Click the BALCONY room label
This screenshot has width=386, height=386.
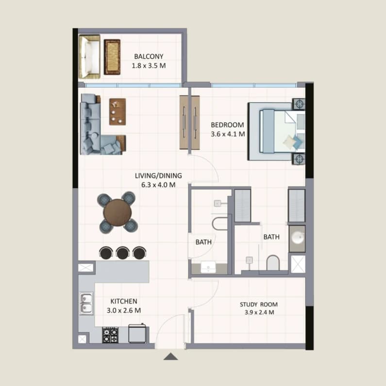[149, 56]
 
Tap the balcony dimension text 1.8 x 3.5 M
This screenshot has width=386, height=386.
[149, 66]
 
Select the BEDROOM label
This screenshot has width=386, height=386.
[227, 125]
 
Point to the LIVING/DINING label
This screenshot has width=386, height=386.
[158, 176]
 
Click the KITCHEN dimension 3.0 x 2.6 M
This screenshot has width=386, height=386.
[124, 310]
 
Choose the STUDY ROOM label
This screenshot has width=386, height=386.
[259, 305]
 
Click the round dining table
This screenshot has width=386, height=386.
[117, 212]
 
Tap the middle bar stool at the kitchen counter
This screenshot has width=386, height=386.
[123, 253]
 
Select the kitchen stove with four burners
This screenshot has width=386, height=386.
[110, 335]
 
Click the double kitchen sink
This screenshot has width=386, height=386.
[86, 303]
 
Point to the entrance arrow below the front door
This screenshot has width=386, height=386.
[170, 356]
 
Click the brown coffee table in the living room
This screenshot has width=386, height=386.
[117, 112]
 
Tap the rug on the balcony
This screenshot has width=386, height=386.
[112, 57]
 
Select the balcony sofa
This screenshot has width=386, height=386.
[89, 57]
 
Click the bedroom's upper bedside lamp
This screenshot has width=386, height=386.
[299, 104]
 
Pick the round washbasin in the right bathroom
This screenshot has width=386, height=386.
[297, 238]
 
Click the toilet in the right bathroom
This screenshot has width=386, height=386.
[273, 263]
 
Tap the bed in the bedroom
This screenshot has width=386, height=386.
[278, 132]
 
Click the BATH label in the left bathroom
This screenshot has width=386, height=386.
[203, 242]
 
